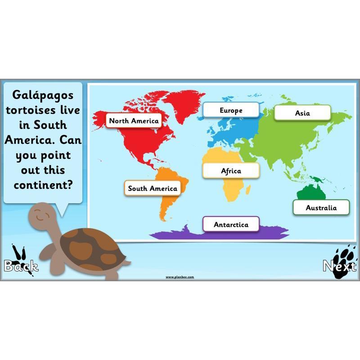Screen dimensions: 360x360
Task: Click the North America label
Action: pos(134,121)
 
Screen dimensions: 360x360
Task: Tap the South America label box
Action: pos(152,188)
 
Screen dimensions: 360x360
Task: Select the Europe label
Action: pos(231,110)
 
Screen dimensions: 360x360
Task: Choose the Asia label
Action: pos(302,113)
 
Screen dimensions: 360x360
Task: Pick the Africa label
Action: pos(231,171)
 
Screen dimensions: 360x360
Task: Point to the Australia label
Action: pos(321,207)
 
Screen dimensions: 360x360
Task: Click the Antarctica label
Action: pos(230,224)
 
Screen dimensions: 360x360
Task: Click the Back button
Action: pos(21,266)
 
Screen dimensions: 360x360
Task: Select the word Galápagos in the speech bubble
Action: pos(43,95)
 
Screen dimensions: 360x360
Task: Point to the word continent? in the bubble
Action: pos(43,184)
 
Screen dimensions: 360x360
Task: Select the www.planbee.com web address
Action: pos(180,277)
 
